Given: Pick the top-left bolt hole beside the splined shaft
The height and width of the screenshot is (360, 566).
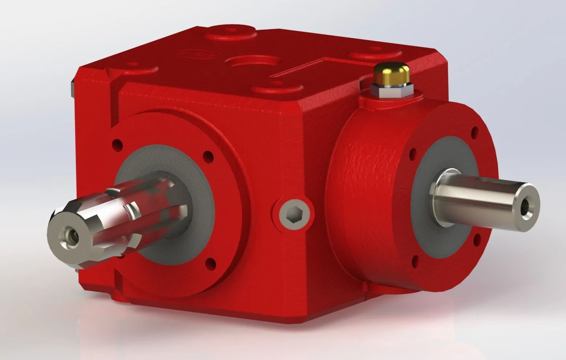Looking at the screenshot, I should tap(117, 145).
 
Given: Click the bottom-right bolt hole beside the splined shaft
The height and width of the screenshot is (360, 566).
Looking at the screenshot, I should tap(209, 262).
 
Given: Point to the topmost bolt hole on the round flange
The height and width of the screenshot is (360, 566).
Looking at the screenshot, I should tap(474, 132).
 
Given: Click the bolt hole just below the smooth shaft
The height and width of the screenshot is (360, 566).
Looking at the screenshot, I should tap(476, 239).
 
